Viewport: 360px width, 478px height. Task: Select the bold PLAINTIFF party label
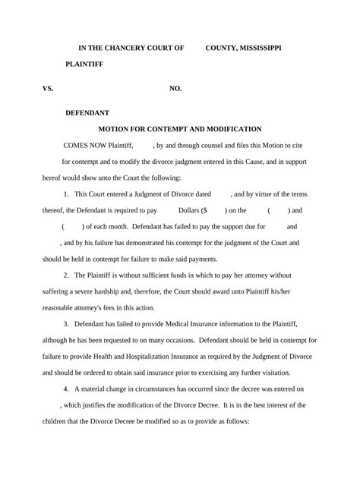[84, 64]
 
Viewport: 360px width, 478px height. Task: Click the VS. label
[48, 89]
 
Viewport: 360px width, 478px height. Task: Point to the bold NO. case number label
[175, 89]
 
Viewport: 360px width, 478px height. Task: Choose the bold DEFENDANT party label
[87, 112]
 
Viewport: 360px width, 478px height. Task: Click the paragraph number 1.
[67, 194]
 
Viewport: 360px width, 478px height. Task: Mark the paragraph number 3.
[67, 324]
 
